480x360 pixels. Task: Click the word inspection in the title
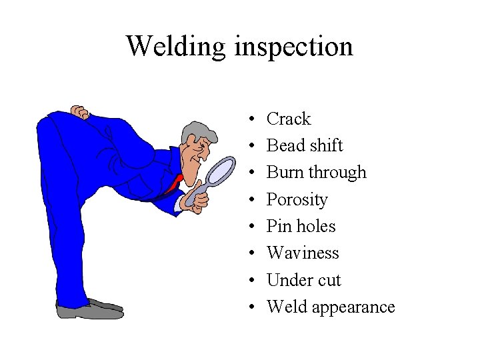[293, 47]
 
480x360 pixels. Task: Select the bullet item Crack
[289, 119]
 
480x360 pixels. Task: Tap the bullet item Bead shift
[305, 145]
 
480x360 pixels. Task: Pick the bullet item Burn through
[316, 172]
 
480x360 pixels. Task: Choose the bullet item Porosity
[297, 199]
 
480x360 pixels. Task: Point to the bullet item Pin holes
[301, 226]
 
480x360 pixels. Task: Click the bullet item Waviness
[303, 253]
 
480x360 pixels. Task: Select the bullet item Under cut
[303, 280]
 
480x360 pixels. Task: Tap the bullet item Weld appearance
[331, 307]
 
